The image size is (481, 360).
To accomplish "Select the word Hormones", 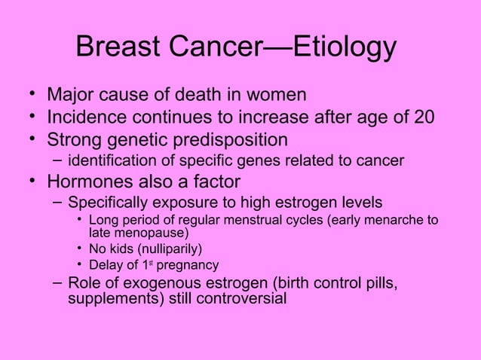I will click(99, 181).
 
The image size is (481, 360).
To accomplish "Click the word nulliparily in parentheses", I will click(170, 249).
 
